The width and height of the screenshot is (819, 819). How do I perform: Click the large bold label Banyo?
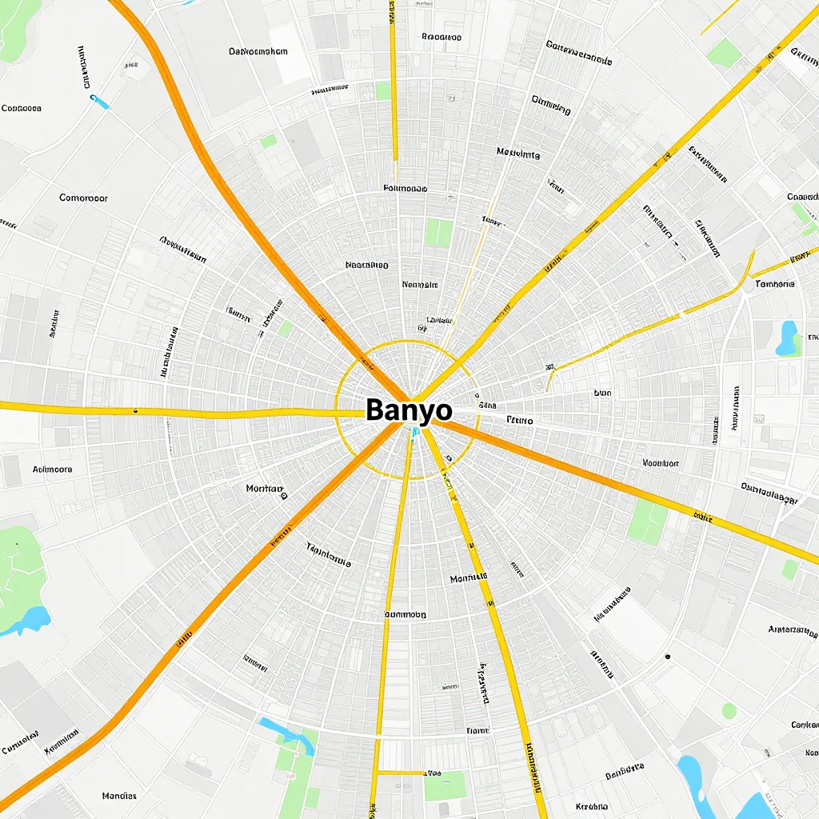point(409,410)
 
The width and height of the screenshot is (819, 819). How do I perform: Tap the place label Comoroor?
point(83,198)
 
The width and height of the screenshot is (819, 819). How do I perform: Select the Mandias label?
point(119,796)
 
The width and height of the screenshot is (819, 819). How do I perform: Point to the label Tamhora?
point(774,284)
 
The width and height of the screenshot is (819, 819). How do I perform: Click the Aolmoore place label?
point(52,469)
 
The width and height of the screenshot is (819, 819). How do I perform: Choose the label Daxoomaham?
point(258,51)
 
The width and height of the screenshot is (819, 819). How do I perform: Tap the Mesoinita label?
point(517,154)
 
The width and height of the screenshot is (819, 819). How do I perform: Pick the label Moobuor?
point(661,462)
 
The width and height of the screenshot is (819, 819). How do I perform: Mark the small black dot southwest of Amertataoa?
point(667,657)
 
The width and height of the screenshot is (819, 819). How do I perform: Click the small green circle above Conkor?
point(729,710)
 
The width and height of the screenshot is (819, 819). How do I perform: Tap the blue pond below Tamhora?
point(789,338)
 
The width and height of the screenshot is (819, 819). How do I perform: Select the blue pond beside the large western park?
point(30,620)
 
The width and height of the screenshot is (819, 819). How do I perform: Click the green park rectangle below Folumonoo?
point(438,233)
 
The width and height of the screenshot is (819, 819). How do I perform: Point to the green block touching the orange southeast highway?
point(648,522)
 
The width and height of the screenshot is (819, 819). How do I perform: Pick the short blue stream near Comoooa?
point(99,101)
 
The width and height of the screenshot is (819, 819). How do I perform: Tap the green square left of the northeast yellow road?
point(725,54)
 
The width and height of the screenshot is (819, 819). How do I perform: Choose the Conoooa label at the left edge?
point(22,108)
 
